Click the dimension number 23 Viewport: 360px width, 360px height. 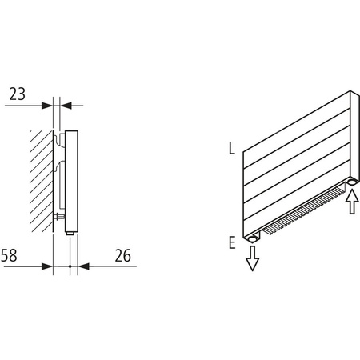pyautogui.click(x=18, y=94)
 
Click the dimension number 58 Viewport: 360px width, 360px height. pyautogui.click(x=10, y=256)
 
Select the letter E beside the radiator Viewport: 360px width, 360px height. pyautogui.click(x=231, y=242)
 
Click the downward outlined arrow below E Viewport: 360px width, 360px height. pyautogui.click(x=253, y=258)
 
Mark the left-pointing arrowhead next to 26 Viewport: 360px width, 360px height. pyautogui.click(x=82, y=265)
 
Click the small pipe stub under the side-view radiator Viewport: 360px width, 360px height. pyautogui.click(x=70, y=233)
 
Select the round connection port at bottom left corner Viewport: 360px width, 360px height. pyautogui.click(x=253, y=238)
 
